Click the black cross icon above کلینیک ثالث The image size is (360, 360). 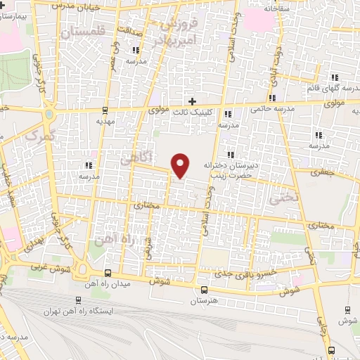pos(192,102)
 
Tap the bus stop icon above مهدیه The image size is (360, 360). pos(105,110)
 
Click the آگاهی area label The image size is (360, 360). pos(137,158)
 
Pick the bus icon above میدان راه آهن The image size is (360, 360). pos(107,273)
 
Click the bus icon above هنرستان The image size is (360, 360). pos(205,290)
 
